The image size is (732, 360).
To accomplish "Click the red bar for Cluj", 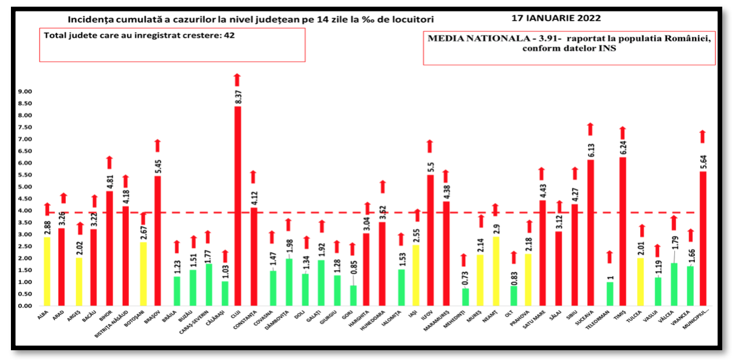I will click(x=238, y=207).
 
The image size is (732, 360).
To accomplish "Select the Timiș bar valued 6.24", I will click(x=623, y=231).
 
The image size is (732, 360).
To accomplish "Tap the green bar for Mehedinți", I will click(x=465, y=297).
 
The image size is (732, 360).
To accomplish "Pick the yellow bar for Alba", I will click(x=47, y=271).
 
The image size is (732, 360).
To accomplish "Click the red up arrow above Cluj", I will click(x=237, y=79).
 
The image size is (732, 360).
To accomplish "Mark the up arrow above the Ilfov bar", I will click(x=429, y=145).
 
